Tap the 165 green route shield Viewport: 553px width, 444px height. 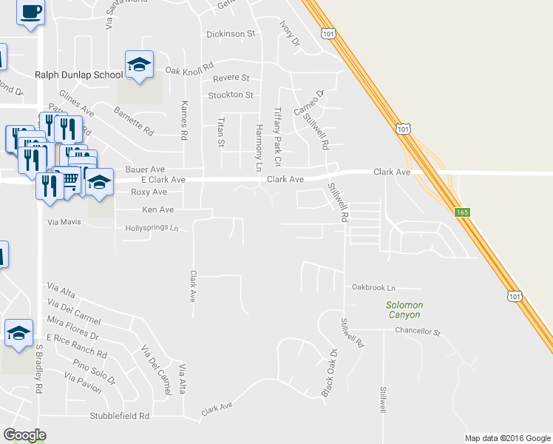pos(462,212)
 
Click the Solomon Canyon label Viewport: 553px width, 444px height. pos(404,310)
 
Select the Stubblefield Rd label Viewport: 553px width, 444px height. pos(120,416)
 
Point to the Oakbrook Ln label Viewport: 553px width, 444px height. pos(373,287)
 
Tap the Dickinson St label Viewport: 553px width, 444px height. pos(231,33)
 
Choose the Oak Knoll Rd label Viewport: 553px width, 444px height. pos(189,70)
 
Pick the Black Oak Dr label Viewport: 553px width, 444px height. pos(329,373)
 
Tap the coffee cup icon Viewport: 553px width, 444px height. pos(30,13)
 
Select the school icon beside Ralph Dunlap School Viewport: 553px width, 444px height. pos(139,65)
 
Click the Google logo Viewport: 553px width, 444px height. pos(24,435)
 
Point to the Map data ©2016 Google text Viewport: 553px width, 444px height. pos(508,438)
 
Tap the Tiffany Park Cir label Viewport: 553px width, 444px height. pos(278,136)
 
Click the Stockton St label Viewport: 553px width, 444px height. pos(231,95)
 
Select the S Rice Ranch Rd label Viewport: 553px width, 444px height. pos(75,349)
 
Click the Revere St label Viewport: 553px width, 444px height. pos(231,78)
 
